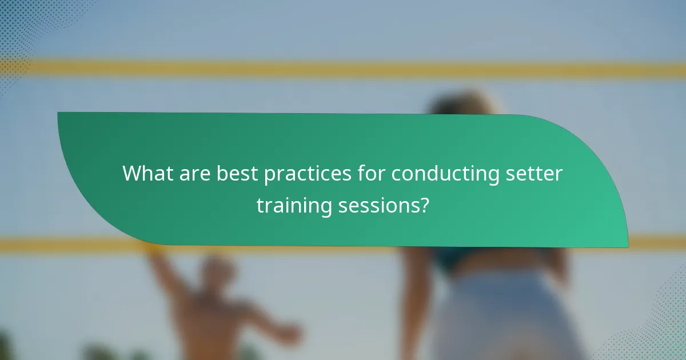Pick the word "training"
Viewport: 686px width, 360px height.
coord(294,205)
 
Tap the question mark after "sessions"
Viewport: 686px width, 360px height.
coord(424,205)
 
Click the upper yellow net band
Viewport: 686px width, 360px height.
coord(343,69)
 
